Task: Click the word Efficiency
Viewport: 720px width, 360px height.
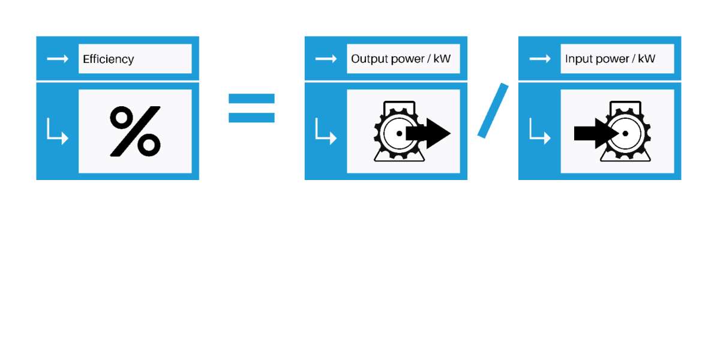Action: (x=109, y=59)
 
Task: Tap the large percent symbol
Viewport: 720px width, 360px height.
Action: (x=135, y=131)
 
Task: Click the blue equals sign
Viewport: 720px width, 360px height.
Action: (x=251, y=108)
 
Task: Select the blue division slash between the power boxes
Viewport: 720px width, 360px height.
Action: (x=493, y=111)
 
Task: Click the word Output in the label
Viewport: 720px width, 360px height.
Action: (x=367, y=59)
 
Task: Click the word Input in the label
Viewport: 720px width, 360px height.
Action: (x=577, y=59)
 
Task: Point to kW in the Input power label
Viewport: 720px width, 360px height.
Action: (x=647, y=59)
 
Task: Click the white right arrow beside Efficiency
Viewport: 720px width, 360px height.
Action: (x=58, y=59)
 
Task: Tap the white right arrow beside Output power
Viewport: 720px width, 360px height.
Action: (x=326, y=59)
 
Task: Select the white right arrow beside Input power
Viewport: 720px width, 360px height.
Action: (x=539, y=59)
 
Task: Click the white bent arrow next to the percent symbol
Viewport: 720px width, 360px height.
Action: (x=58, y=132)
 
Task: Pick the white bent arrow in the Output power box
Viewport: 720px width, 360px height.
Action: (x=326, y=132)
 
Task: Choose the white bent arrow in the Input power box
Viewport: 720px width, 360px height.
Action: (x=539, y=132)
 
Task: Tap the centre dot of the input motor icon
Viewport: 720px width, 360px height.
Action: (x=625, y=133)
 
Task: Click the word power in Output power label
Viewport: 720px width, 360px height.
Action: (x=404, y=59)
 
